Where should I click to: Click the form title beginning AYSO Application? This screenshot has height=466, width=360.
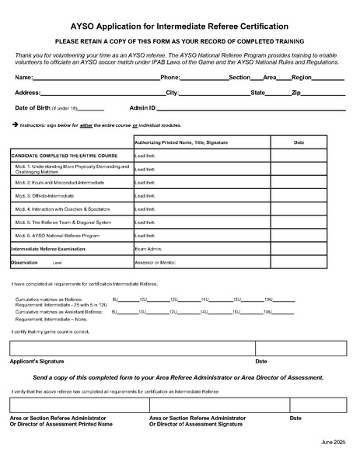click(180, 26)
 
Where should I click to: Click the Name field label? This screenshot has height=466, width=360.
click(23, 79)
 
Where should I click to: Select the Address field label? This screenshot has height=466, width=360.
click(28, 93)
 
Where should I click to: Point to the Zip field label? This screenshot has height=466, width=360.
click(295, 93)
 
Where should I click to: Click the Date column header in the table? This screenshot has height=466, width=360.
click(299, 142)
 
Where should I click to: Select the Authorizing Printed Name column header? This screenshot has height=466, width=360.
click(181, 142)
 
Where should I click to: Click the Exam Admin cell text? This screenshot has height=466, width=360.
click(148, 249)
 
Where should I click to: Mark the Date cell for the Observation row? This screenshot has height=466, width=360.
click(299, 263)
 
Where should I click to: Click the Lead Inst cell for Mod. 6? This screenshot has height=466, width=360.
click(145, 235)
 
